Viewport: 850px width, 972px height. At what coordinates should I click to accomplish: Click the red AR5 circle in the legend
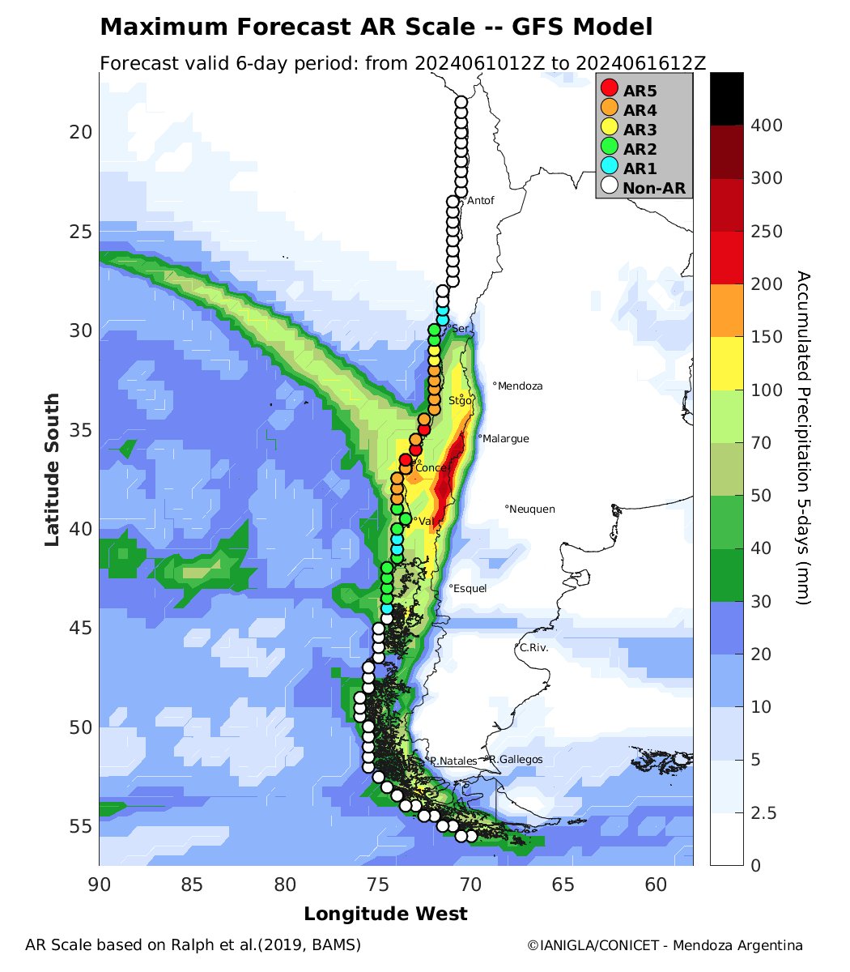click(x=610, y=88)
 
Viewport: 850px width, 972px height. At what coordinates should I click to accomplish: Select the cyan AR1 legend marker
click(x=610, y=168)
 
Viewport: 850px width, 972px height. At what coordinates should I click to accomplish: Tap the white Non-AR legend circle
click(x=610, y=188)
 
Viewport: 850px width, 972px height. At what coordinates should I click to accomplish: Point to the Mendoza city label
click(x=521, y=386)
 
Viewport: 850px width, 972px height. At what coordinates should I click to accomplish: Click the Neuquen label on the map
click(x=533, y=509)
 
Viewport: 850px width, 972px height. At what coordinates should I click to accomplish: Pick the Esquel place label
click(x=470, y=588)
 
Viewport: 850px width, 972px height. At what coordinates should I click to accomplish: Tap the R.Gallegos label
click(x=516, y=759)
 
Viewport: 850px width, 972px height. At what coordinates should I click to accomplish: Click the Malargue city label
click(x=506, y=438)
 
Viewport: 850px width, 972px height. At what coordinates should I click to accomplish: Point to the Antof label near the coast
click(x=480, y=200)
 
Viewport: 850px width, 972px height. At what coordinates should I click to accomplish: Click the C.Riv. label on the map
click(x=534, y=648)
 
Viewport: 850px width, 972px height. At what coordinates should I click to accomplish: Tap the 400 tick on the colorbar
click(x=765, y=125)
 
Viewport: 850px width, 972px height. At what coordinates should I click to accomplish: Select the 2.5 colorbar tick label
click(x=765, y=812)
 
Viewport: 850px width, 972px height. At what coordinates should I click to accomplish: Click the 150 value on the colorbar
click(x=765, y=337)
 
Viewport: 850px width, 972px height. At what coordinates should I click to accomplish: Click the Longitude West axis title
click(x=385, y=914)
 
